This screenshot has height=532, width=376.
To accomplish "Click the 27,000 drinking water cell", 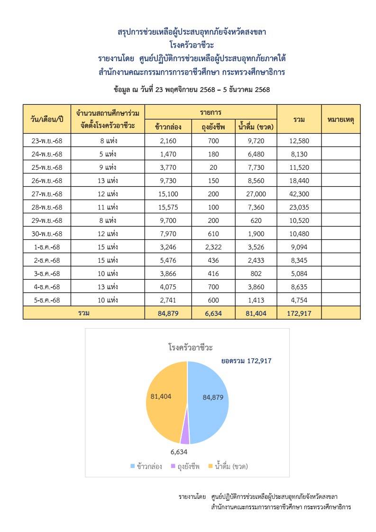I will coord(256,194).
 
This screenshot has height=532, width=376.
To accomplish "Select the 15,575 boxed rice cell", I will coord(168,207).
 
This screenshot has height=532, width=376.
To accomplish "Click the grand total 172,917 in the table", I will coord(299,313).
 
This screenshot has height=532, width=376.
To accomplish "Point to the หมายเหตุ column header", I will coord(340,119).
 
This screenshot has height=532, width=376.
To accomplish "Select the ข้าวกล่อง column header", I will coord(168,126).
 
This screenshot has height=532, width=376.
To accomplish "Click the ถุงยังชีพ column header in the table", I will coord(213,126).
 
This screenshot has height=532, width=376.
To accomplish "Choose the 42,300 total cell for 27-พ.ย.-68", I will coord(299,194).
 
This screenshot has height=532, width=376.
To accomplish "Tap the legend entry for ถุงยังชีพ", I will coord(185,466).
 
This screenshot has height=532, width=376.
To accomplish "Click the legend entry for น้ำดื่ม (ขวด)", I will coord(228,466).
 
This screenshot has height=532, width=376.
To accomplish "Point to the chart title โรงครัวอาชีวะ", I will coord(187,348).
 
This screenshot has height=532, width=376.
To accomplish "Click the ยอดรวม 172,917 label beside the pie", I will coord(246,361).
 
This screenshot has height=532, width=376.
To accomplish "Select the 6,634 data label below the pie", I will coord(179,452).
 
